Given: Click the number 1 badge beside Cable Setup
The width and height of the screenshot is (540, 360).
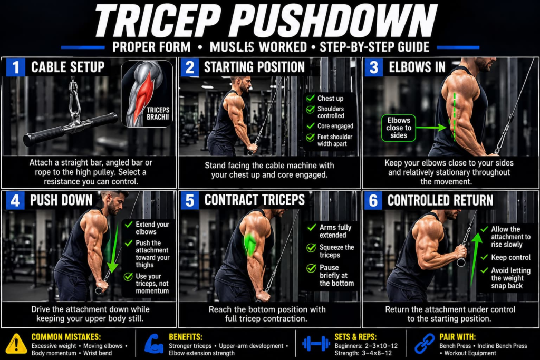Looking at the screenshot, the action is click(x=15, y=67).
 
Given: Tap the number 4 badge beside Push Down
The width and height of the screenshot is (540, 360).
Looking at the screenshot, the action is click(x=15, y=200).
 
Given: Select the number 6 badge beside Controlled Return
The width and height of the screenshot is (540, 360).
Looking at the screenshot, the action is click(x=373, y=200).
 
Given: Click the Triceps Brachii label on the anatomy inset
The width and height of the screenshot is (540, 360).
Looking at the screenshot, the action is click(x=158, y=113).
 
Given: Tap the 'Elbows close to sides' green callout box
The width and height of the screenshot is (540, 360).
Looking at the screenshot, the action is click(x=399, y=128).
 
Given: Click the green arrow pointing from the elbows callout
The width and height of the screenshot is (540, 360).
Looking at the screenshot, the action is click(x=431, y=128).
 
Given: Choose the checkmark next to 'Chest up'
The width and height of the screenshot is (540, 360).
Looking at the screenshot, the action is click(x=310, y=99).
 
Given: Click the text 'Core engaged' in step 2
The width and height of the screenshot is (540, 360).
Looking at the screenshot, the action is click(x=335, y=126).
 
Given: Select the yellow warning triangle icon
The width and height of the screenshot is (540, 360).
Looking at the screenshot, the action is click(x=16, y=344).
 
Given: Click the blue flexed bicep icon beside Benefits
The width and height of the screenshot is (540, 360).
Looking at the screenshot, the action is click(x=154, y=344).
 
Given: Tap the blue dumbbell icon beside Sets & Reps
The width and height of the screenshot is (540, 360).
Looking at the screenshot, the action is click(x=316, y=344).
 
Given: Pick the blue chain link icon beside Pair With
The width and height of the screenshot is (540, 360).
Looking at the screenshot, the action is click(x=425, y=344).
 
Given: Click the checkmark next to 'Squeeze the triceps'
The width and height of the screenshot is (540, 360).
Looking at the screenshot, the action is click(x=311, y=248).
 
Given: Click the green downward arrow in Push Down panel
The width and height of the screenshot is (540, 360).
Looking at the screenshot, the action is click(x=113, y=247).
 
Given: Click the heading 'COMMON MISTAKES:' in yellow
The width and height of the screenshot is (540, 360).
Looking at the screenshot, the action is click(x=66, y=337).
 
